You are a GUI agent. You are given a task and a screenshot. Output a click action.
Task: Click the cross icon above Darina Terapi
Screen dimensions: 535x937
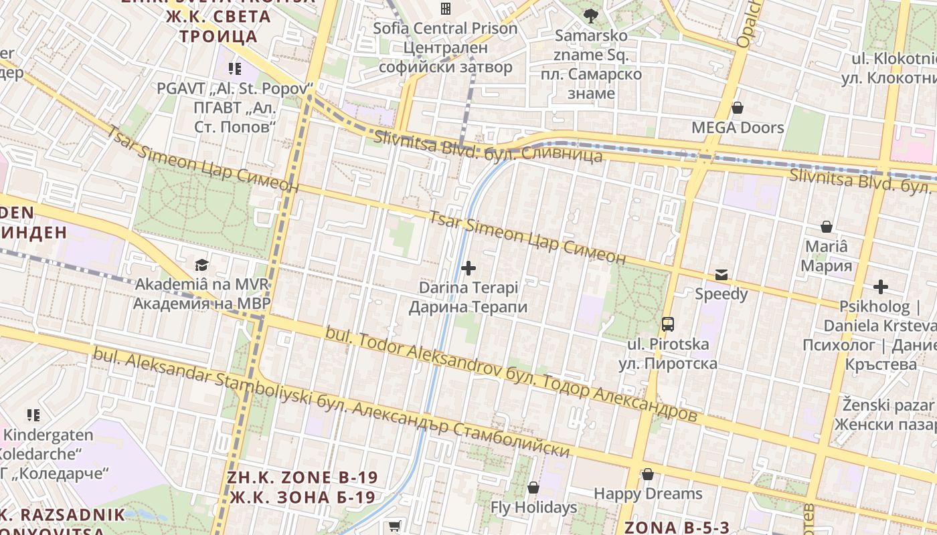point(468,268)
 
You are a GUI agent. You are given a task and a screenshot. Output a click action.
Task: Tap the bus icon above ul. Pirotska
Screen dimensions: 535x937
point(667,324)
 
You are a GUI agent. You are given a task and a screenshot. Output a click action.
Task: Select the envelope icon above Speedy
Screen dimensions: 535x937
point(721,274)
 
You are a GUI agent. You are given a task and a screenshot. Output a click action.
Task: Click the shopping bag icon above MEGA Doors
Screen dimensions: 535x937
point(738,108)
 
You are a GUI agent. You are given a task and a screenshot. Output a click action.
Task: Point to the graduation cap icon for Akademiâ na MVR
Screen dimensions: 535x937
point(201,265)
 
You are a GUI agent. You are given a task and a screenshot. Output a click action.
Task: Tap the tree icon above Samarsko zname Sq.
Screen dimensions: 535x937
point(590,15)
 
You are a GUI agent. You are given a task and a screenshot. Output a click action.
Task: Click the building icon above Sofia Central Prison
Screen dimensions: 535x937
point(445,9)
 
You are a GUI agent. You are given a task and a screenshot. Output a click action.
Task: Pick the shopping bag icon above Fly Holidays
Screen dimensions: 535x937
point(533,488)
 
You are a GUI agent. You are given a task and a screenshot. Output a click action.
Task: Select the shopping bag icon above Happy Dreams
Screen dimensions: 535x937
point(647,474)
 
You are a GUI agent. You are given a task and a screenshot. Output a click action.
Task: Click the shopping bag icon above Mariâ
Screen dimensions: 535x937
point(827,227)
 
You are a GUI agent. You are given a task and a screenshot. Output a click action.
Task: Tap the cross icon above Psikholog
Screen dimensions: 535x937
point(880,287)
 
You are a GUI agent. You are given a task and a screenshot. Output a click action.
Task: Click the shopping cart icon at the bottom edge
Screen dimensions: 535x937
point(395,527)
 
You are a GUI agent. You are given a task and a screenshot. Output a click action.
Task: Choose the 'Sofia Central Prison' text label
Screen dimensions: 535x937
point(445,29)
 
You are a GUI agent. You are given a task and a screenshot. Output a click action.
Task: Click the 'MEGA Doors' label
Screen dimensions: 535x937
point(738,127)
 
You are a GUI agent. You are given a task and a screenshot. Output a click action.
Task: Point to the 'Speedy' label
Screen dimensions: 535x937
point(721,294)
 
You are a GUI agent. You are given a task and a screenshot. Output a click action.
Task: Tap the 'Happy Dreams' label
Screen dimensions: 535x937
point(648,494)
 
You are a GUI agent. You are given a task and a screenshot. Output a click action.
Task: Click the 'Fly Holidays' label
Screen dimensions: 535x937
point(533,507)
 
